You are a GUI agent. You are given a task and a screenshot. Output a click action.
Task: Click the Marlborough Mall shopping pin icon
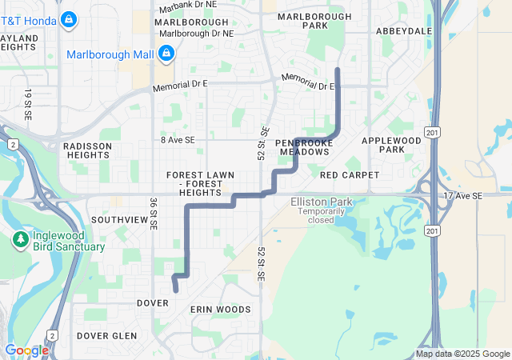point(166,54)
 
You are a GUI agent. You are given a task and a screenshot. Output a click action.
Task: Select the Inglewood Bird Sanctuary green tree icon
point(20,239)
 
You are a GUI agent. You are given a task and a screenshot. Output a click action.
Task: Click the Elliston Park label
point(320,202)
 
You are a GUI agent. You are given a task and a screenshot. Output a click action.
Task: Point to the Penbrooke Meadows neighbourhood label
point(303,146)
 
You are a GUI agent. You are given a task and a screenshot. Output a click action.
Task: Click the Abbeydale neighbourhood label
point(404,31)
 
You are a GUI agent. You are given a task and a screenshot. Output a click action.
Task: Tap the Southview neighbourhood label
point(116,219)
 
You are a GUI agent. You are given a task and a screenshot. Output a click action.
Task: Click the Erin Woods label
point(220,309)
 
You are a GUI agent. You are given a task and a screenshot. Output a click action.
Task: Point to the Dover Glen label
point(106,336)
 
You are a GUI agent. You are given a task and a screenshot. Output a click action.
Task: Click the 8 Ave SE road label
point(178,139)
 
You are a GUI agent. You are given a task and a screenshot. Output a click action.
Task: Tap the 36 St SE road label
point(152,215)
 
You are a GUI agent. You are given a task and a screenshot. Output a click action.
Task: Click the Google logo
point(26,350)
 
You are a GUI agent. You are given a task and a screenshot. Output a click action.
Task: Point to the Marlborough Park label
point(315,21)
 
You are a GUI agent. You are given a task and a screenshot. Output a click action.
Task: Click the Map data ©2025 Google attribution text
point(462,354)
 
